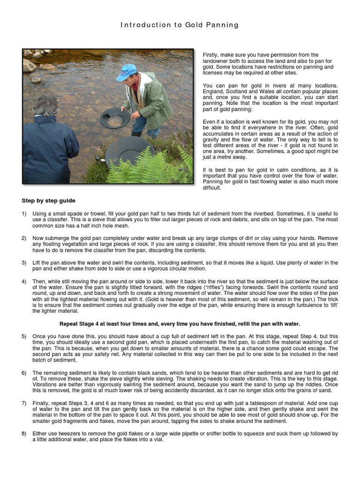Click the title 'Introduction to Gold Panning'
click(180, 25)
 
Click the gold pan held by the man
click(115, 118)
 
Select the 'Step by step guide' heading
click(48, 201)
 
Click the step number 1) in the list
click(24, 214)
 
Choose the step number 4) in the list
click(24, 281)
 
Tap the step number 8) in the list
click(24, 434)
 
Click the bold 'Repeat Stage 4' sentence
click(180, 324)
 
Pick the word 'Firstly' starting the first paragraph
click(211, 55)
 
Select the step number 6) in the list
click(24, 372)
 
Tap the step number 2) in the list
click(24, 239)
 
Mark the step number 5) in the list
click(24, 337)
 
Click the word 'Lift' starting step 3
click(37, 262)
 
